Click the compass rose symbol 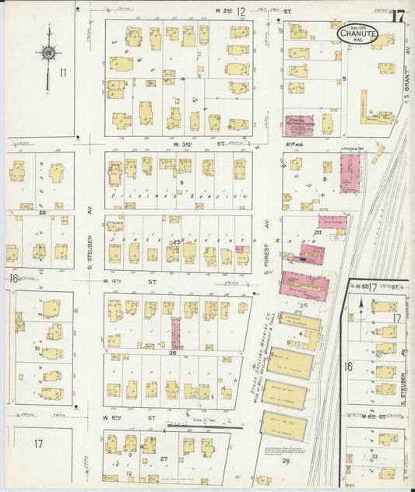click(48, 53)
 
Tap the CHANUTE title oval click(357, 33)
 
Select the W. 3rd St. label click(187, 144)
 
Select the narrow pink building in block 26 click(176, 332)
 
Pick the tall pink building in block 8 click(350, 173)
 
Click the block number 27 click(164, 459)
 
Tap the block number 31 click(37, 348)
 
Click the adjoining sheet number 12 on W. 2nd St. click(241, 12)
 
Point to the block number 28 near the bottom click(286, 462)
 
